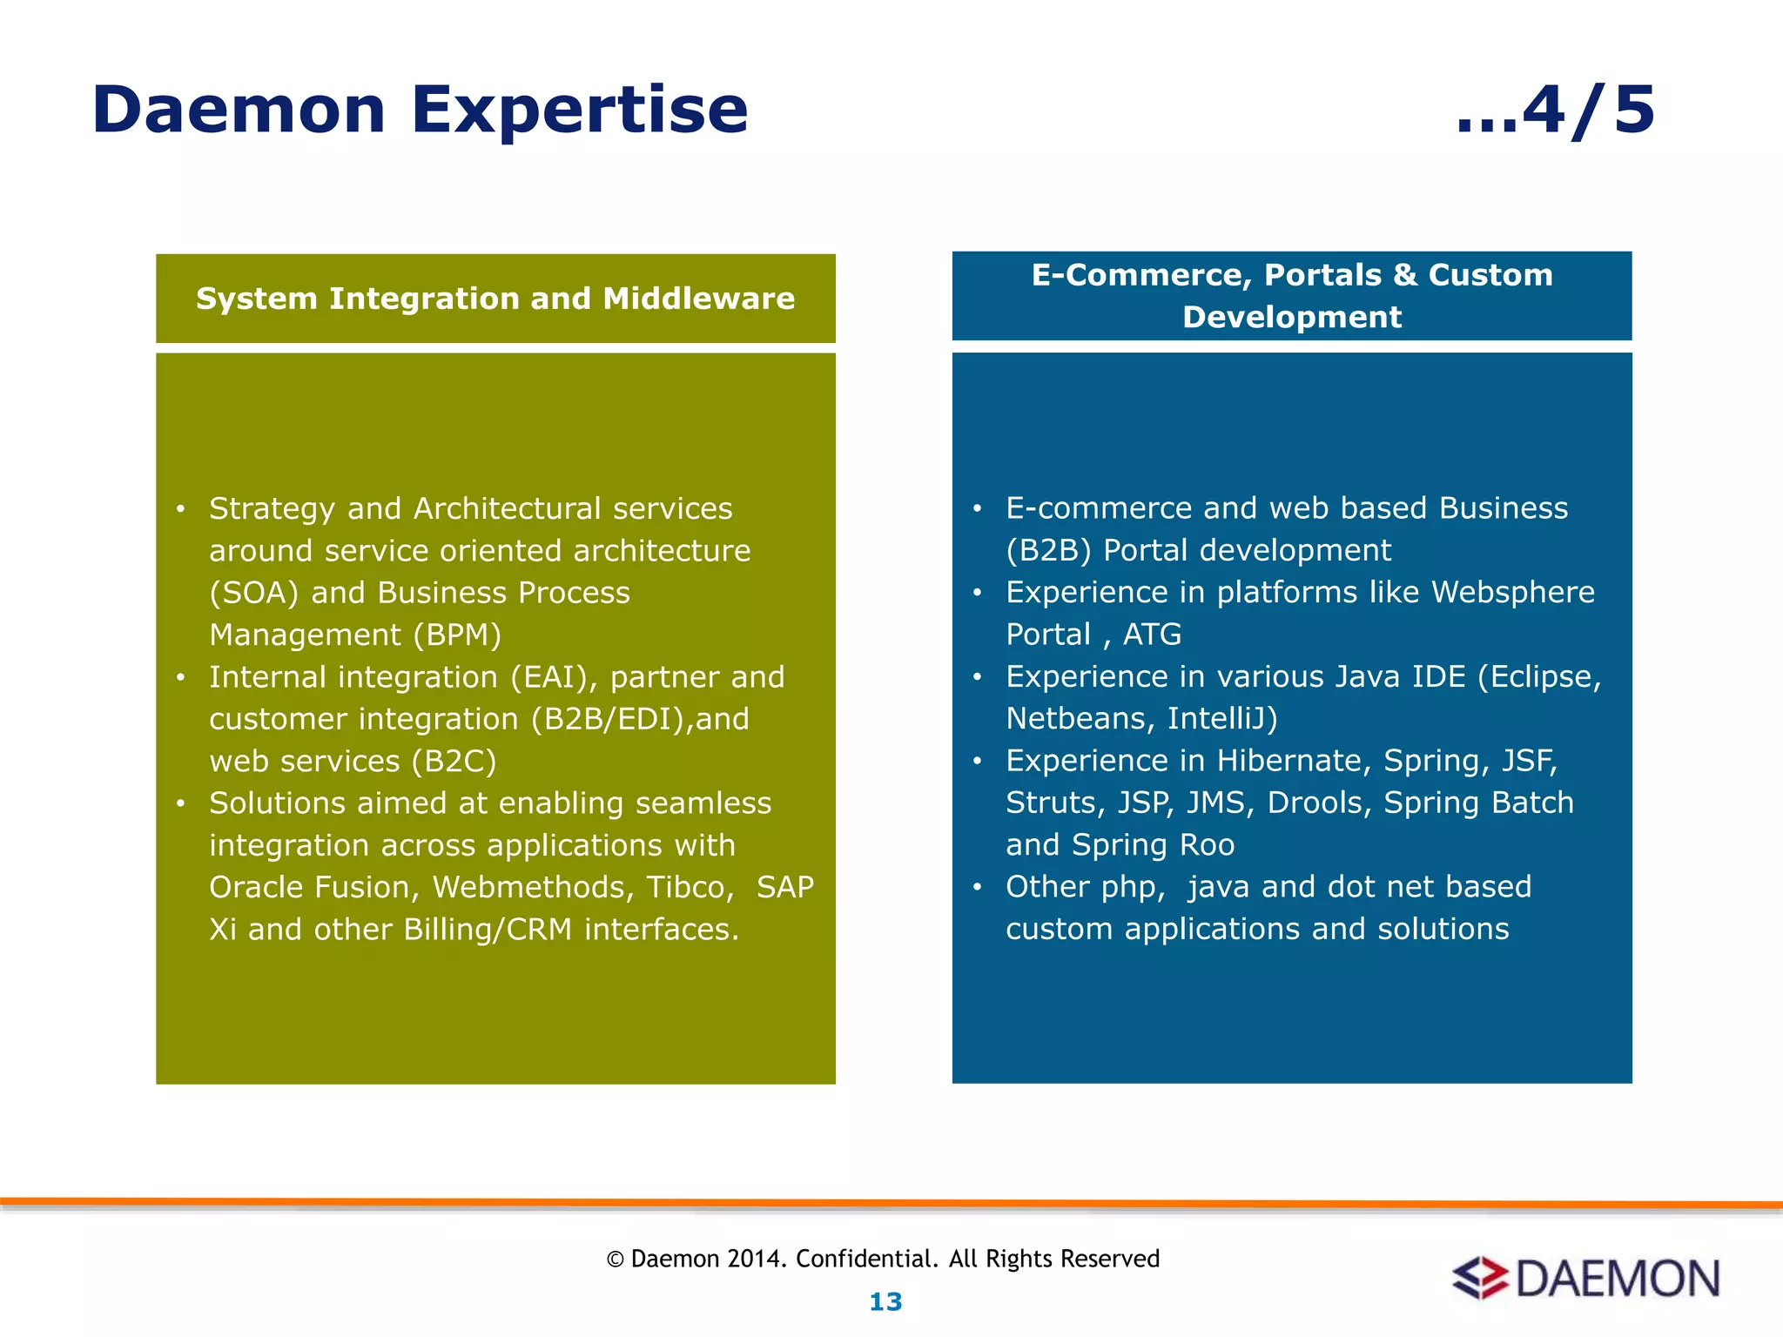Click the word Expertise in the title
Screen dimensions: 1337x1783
pos(579,111)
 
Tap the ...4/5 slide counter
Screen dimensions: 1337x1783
pos(1555,111)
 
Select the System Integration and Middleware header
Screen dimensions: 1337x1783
pos(495,299)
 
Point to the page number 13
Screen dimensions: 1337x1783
pos(885,1302)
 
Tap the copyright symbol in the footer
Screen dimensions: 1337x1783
pos(616,1260)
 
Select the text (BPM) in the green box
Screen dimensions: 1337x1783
pos(458,635)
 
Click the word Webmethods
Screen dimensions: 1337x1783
pos(533,887)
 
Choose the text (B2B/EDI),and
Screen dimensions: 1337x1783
pos(640,719)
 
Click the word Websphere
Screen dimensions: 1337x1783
pos(1512,592)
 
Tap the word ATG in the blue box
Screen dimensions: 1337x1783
pos(1152,635)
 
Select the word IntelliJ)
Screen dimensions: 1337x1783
pos(1222,719)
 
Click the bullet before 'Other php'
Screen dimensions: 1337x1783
pos(977,887)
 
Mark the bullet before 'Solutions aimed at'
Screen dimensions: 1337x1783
pos(180,803)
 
